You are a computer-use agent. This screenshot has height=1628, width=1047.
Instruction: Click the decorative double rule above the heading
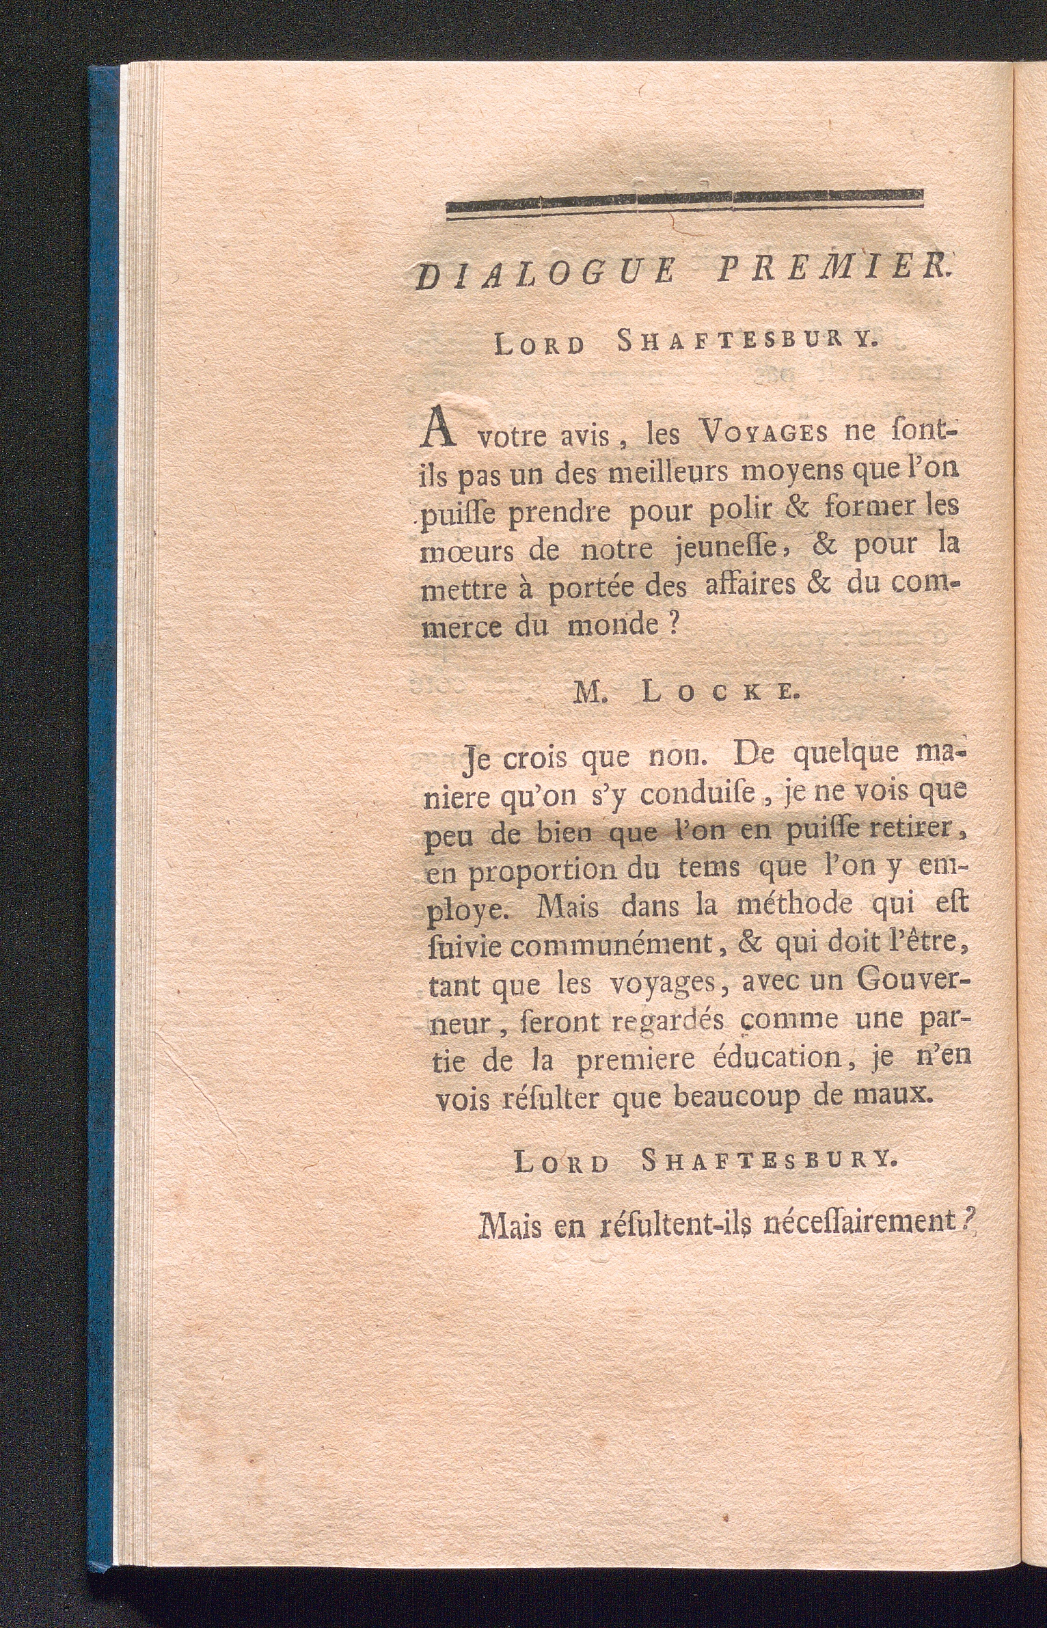click(x=684, y=204)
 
